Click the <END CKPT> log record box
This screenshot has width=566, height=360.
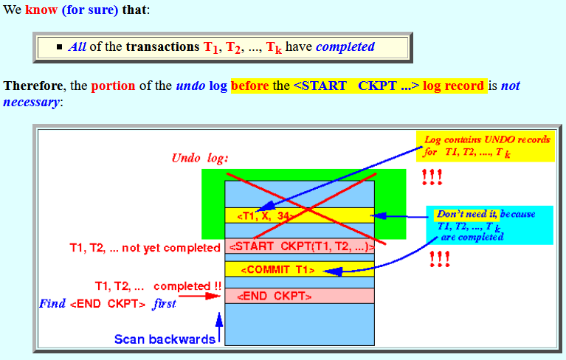tap(300, 296)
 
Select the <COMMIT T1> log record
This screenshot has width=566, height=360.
tap(300, 269)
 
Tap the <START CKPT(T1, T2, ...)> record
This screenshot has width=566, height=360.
tap(300, 246)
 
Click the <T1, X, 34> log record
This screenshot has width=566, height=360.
tap(300, 215)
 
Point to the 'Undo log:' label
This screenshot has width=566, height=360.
tap(200, 158)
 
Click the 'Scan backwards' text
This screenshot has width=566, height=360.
tap(165, 339)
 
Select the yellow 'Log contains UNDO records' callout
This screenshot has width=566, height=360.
tap(485, 146)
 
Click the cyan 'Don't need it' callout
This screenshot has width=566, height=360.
tap(489, 225)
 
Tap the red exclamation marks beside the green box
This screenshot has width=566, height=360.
tap(432, 177)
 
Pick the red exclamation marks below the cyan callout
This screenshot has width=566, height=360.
tap(440, 259)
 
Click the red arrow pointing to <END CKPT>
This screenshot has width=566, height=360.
tap(199, 296)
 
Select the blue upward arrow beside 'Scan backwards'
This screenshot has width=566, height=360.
tap(218, 328)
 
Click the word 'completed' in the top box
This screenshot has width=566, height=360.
tap(345, 47)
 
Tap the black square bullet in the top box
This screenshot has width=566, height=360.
tap(60, 47)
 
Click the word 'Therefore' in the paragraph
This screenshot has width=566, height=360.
tap(33, 86)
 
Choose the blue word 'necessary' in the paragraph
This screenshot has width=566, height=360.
tap(31, 102)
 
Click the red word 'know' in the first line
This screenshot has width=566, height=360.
tap(41, 10)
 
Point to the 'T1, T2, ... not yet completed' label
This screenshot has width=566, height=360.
tap(145, 248)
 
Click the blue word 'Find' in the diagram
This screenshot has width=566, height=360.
tap(52, 303)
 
